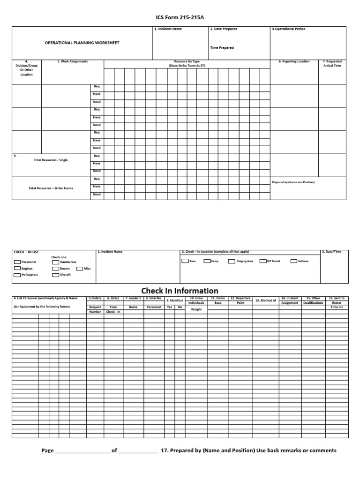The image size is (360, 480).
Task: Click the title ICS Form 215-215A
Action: [180, 18]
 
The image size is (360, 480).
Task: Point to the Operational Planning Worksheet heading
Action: [82, 43]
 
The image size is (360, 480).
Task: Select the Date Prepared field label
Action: [224, 29]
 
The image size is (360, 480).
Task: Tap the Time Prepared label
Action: [222, 48]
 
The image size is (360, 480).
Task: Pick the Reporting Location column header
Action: [294, 61]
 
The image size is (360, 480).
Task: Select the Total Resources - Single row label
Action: [51, 160]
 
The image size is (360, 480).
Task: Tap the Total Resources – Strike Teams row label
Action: [51, 188]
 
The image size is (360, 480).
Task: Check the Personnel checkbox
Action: [17, 262]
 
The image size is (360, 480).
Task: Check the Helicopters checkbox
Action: [17, 275]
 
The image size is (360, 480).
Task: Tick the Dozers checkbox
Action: [55, 269]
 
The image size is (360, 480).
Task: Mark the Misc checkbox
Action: [79, 269]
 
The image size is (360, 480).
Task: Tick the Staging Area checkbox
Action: [232, 261]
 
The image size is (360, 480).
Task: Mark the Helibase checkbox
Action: [293, 261]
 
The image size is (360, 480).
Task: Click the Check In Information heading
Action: [180, 291]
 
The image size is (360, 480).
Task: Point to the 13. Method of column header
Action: [265, 300]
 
